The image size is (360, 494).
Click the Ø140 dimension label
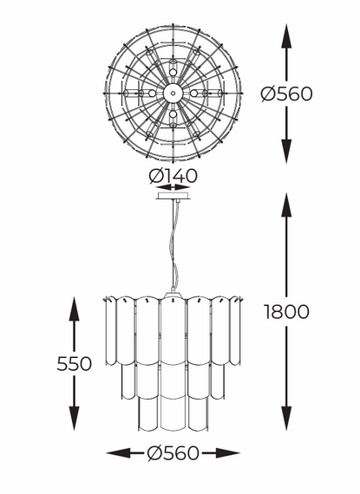click(173, 176)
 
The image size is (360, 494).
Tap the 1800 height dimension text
click(286, 312)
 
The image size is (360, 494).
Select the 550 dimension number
click(74, 364)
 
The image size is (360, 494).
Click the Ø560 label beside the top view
click(286, 94)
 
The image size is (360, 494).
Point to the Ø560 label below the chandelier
click(173, 453)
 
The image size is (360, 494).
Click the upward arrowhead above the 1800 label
click(286, 205)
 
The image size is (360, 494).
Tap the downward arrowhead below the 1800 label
click(286, 419)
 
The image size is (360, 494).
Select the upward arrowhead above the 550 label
click(74, 309)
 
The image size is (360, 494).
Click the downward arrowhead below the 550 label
click(74, 419)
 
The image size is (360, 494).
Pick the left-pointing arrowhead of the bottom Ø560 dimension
click(118, 453)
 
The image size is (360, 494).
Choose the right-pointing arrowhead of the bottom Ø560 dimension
click(227, 453)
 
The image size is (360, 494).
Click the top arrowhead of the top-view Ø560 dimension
click(286, 36)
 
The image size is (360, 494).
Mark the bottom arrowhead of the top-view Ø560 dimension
click(286, 151)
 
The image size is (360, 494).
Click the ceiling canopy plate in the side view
click(173, 196)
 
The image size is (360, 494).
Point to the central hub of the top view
click(173, 94)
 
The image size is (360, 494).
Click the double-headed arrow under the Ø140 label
click(173, 188)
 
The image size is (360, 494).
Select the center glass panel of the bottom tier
click(173, 412)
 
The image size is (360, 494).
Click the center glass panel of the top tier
click(173, 331)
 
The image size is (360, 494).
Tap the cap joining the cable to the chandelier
click(173, 293)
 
